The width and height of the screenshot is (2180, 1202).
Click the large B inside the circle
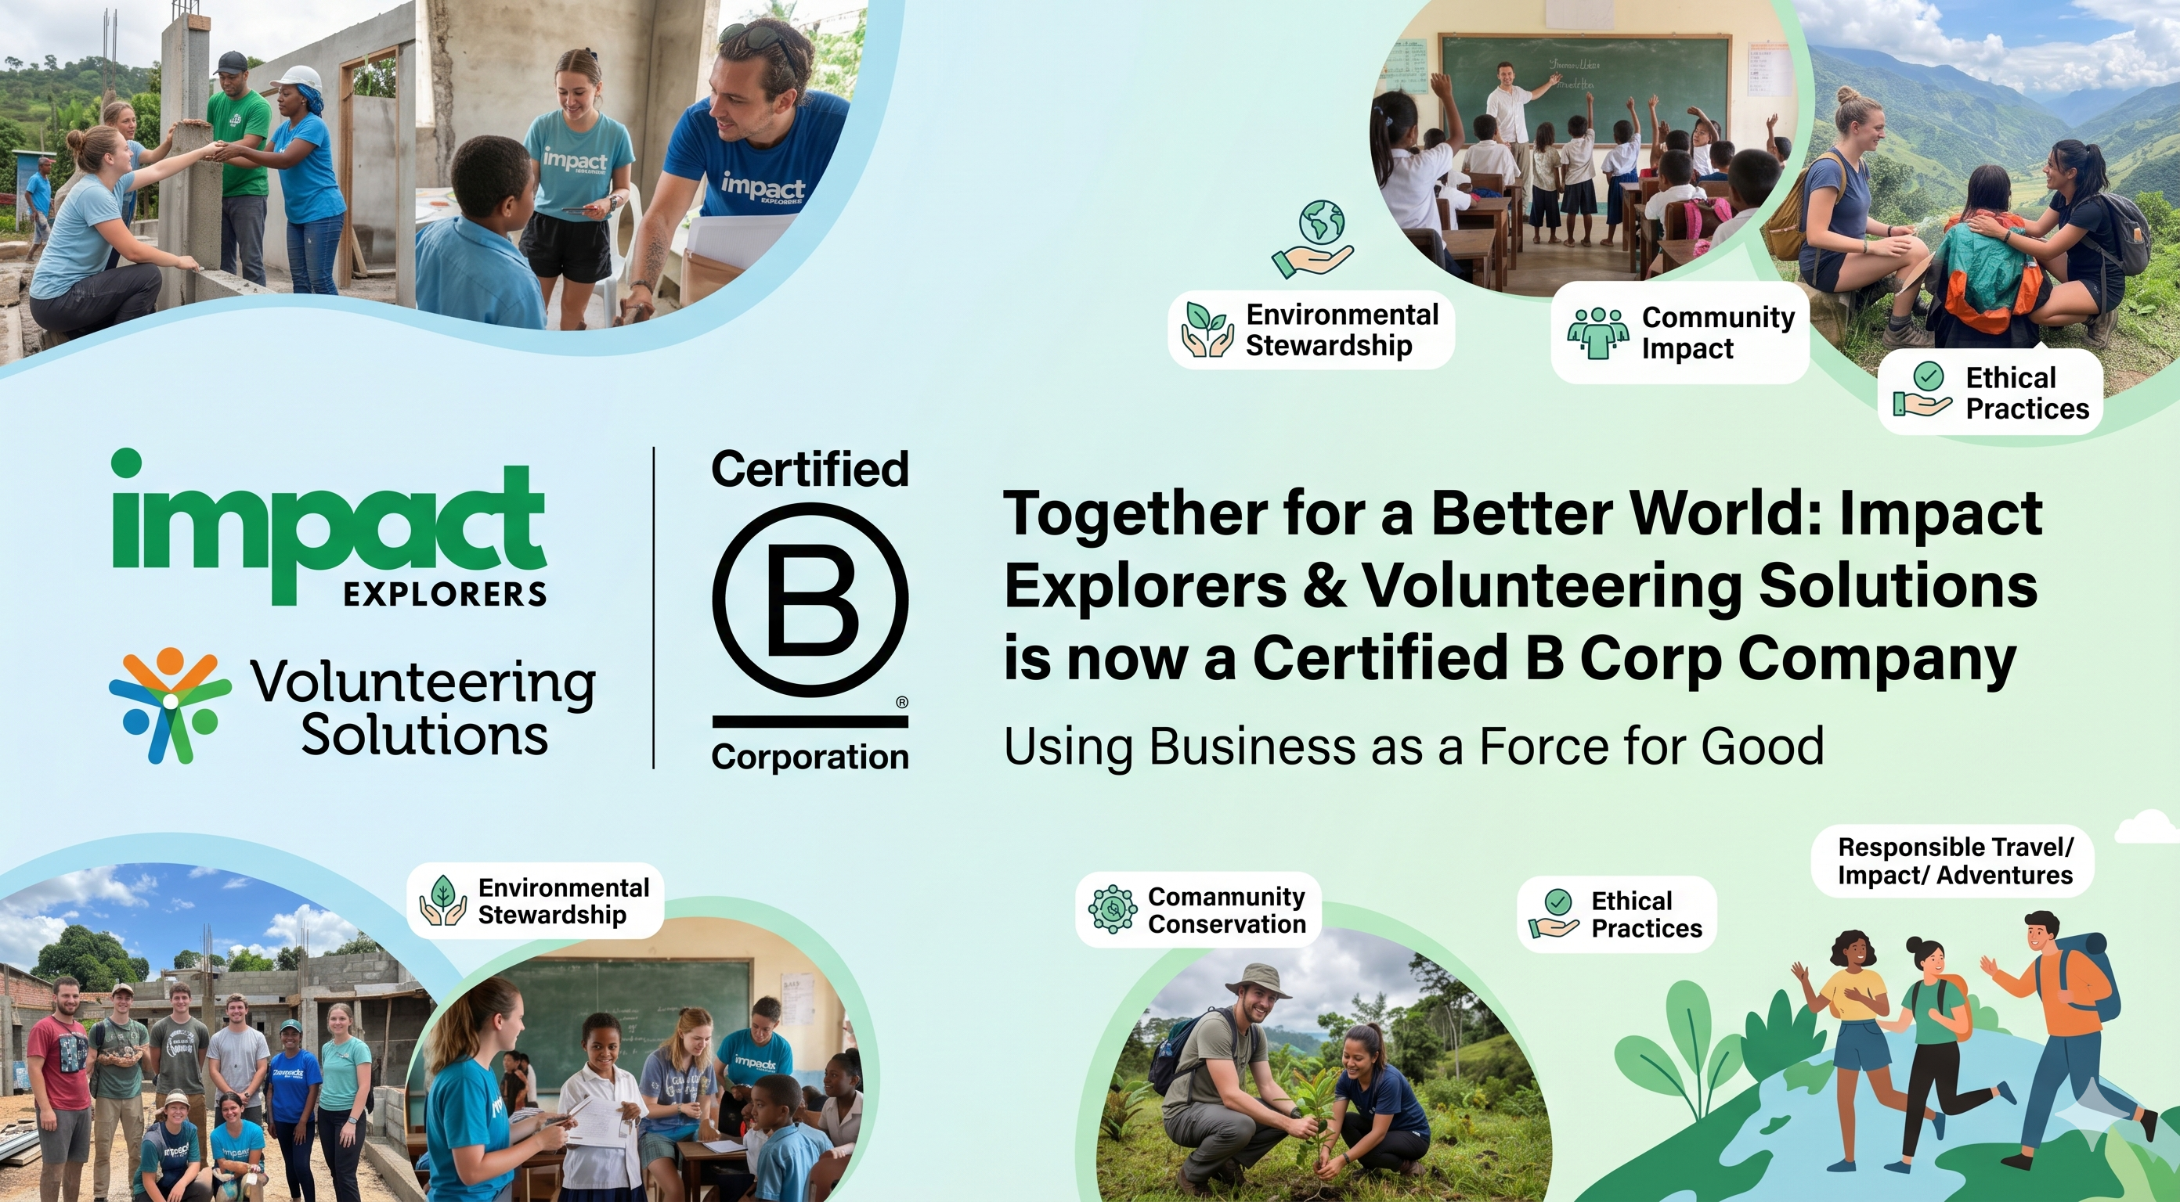810,603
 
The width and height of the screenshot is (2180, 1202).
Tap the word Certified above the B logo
810,470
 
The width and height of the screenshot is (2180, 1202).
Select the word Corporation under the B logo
810,756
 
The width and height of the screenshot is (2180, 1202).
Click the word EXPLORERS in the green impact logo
444,595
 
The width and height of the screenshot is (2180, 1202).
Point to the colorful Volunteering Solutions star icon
170,704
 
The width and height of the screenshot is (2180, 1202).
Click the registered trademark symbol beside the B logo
901,702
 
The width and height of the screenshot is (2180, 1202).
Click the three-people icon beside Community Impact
1597,333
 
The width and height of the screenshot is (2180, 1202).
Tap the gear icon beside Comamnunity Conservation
1112,909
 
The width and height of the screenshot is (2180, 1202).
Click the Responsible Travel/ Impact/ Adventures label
1955,861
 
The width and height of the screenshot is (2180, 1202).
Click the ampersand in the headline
1324,585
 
